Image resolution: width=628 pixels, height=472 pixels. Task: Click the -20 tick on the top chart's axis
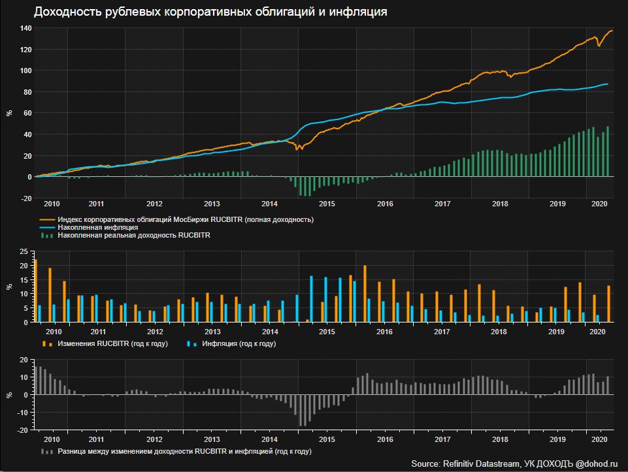pos(26,198)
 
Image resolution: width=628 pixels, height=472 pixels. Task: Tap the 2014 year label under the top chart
pos(269,204)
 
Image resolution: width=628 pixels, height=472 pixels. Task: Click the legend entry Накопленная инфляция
pos(97,227)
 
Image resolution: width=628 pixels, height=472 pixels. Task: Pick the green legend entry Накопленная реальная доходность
pos(134,234)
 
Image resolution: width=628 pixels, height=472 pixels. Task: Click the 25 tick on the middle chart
pos(24,252)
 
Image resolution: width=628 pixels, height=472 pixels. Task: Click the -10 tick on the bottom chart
pos(24,413)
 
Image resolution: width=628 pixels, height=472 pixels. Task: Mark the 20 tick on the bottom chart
pos(24,360)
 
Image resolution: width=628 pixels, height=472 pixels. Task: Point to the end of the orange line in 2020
pos(612,31)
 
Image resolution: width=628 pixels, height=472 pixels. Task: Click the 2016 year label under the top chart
pos(385,204)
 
